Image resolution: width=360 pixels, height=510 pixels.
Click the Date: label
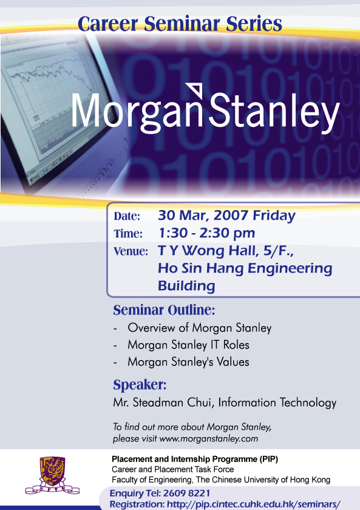coord(127,216)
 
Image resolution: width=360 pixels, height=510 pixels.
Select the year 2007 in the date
coord(231,216)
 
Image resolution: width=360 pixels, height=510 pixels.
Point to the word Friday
coord(274,216)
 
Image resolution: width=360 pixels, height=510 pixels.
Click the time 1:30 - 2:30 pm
coord(206,233)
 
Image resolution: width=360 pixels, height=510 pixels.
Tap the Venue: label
coord(131,251)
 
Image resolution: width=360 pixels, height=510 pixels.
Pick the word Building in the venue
coord(186,286)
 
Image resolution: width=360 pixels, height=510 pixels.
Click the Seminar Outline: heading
coord(164,310)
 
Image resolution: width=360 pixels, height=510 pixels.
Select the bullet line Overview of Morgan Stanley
coord(199,328)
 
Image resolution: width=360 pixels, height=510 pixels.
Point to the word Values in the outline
coord(234,362)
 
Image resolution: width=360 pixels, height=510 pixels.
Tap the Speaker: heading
coord(140,385)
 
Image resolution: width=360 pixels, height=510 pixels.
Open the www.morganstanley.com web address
coord(208,439)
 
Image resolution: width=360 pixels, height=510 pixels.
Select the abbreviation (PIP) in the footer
coord(268,459)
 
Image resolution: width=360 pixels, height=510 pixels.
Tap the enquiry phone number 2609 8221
coord(186,494)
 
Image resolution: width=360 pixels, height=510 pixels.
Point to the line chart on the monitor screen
coord(52,78)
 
